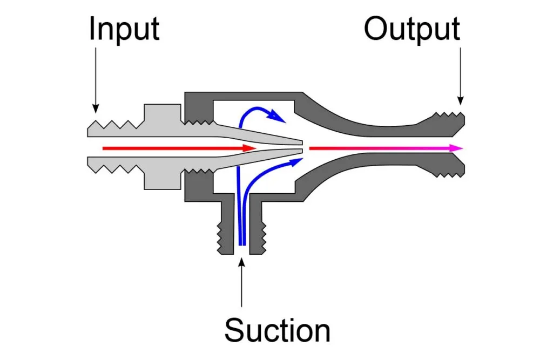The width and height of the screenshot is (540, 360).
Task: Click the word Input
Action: (124, 30)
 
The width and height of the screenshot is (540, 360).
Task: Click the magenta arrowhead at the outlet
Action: (458, 147)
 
